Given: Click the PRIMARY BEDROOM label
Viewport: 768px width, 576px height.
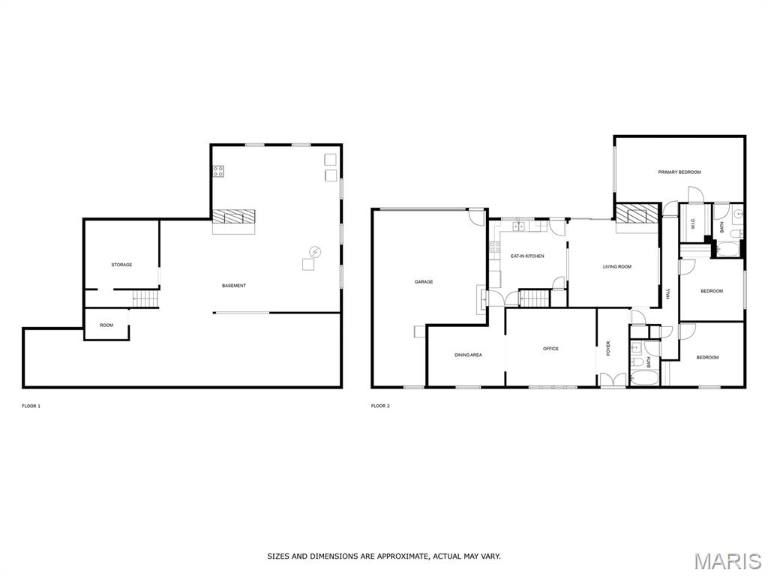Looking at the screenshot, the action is point(679,172).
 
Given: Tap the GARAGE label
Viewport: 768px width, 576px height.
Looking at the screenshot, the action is point(424,282).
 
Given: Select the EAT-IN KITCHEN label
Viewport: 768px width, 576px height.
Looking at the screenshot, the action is point(527,256).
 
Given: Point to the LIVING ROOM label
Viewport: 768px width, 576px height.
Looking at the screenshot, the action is point(617,267).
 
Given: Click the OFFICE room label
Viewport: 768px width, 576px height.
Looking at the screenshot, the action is point(550,349).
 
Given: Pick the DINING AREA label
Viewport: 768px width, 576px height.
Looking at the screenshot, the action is point(468,355).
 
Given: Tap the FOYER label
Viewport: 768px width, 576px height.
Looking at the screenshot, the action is point(608,348).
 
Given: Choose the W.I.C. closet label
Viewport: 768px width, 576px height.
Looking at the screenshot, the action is point(693,224).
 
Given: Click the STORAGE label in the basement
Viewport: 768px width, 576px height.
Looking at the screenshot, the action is point(121,265).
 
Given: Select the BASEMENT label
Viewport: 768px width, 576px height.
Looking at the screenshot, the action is point(234,286).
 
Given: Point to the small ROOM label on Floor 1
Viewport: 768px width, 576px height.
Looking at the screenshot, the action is point(106,325).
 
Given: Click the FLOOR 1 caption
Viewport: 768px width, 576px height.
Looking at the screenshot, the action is point(31,406).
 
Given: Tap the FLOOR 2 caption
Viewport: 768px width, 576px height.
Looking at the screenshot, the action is point(380,406).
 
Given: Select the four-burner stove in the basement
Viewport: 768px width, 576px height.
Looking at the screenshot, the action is point(218,172).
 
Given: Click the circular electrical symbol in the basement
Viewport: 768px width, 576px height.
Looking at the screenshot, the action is point(314,252).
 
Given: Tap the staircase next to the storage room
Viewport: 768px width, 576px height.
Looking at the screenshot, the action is point(146,298).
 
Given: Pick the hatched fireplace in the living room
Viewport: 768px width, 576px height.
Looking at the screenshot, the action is point(637,214).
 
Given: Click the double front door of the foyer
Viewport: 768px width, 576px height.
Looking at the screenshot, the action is point(613,380).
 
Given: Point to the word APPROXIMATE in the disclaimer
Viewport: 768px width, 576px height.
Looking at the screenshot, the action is point(403,556).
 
